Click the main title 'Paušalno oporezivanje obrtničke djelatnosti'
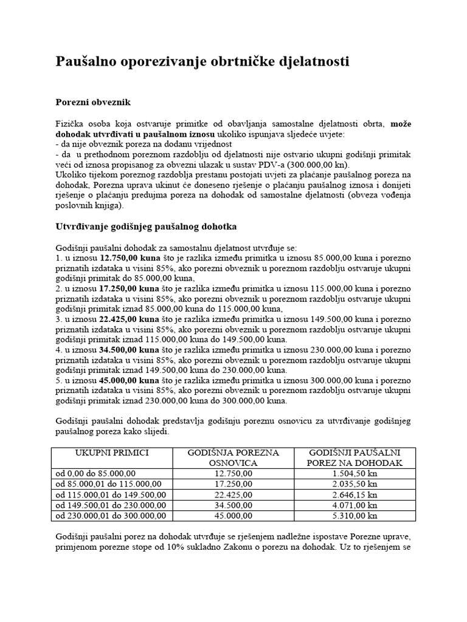coord(202,63)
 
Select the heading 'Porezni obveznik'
coord(93,102)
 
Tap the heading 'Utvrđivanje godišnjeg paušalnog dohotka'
coord(146,227)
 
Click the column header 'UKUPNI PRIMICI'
coord(112,453)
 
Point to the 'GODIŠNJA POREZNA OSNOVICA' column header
coord(233,458)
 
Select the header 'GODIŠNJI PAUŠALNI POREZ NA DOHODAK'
coord(355,458)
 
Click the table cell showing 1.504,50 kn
coord(355,474)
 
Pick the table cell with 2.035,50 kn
coord(355,484)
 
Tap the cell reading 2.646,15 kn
coord(355,494)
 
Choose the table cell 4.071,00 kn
coord(355,505)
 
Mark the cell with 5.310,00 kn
coord(355,515)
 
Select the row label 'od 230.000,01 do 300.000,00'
coord(110,515)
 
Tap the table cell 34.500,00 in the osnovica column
coord(233,505)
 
